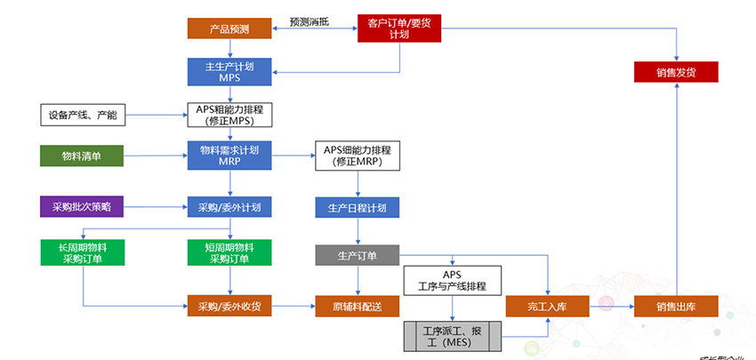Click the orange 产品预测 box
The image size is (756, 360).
229,29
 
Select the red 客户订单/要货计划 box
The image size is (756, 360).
398,28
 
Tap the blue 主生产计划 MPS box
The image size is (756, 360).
229,71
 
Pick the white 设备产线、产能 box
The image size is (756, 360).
84,115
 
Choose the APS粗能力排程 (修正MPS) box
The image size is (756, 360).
229,115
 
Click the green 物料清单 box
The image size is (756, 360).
81,156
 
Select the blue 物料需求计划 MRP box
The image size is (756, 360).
229,156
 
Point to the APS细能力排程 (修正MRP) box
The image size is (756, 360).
358,156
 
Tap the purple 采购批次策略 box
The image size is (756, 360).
82,207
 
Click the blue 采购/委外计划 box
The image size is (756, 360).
229,207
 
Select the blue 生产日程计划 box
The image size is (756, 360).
358,208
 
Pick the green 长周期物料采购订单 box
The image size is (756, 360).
83,252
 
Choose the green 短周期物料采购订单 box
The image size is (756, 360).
229,252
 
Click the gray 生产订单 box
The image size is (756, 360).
358,256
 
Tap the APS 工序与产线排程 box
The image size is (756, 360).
452,281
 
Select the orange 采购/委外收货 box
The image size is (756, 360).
229,307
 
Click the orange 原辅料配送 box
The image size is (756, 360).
358,307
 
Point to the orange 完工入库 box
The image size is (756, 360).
547,307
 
